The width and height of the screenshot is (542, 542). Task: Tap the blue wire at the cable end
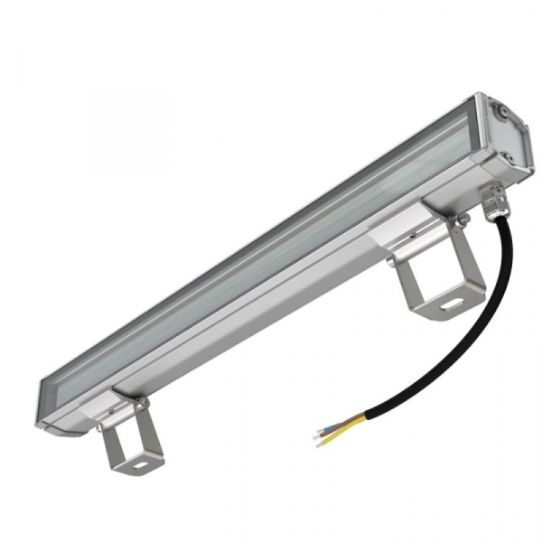pyautogui.click(x=336, y=423)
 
